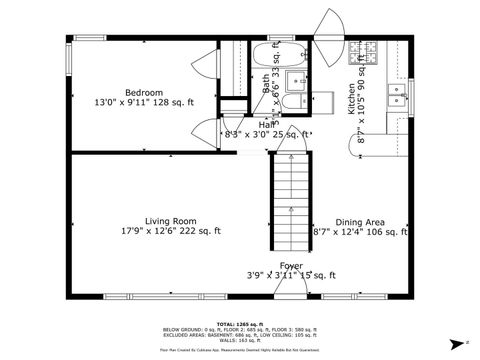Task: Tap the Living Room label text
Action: [x=170, y=221]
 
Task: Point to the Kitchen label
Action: [x=352, y=99]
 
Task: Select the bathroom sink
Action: [x=296, y=80]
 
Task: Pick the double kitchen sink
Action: [x=399, y=95]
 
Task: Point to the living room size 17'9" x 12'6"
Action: [x=169, y=232]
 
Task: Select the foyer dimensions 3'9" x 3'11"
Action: [x=291, y=275]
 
